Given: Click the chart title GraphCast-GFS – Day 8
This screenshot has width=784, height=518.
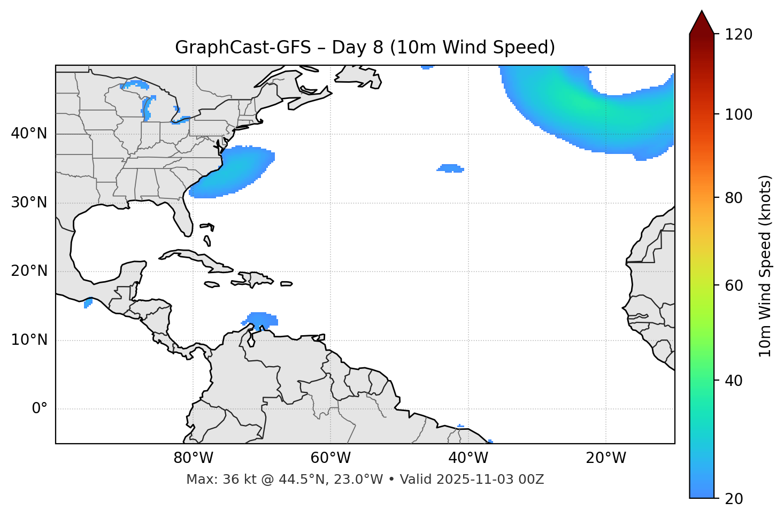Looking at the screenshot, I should coord(365,48).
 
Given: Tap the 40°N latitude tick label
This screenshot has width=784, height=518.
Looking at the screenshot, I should coord(29,134).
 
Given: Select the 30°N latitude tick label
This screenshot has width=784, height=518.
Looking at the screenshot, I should coord(29,203).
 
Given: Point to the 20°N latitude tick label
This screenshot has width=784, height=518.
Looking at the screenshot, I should coord(29,271).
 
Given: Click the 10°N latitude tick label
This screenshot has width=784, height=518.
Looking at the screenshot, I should coord(29,340).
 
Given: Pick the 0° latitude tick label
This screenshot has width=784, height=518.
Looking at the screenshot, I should coord(39,409).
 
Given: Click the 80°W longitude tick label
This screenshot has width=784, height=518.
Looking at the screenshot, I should coord(193,458).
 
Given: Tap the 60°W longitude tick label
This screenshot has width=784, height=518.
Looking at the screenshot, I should coord(330,458).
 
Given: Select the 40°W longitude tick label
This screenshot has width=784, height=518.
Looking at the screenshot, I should coord(468,458).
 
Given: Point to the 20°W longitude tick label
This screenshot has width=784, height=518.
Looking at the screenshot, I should coord(605,458).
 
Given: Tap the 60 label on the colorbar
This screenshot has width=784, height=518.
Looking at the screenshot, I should coord(734,285).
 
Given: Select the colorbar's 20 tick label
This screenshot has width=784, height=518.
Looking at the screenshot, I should coord(734,499).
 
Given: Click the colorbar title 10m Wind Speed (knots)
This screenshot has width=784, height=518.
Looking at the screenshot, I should coord(765,266).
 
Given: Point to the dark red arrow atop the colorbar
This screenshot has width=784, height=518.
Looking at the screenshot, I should coord(701,23).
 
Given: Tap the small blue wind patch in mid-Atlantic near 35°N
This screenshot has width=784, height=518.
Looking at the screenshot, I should coord(450,168).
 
